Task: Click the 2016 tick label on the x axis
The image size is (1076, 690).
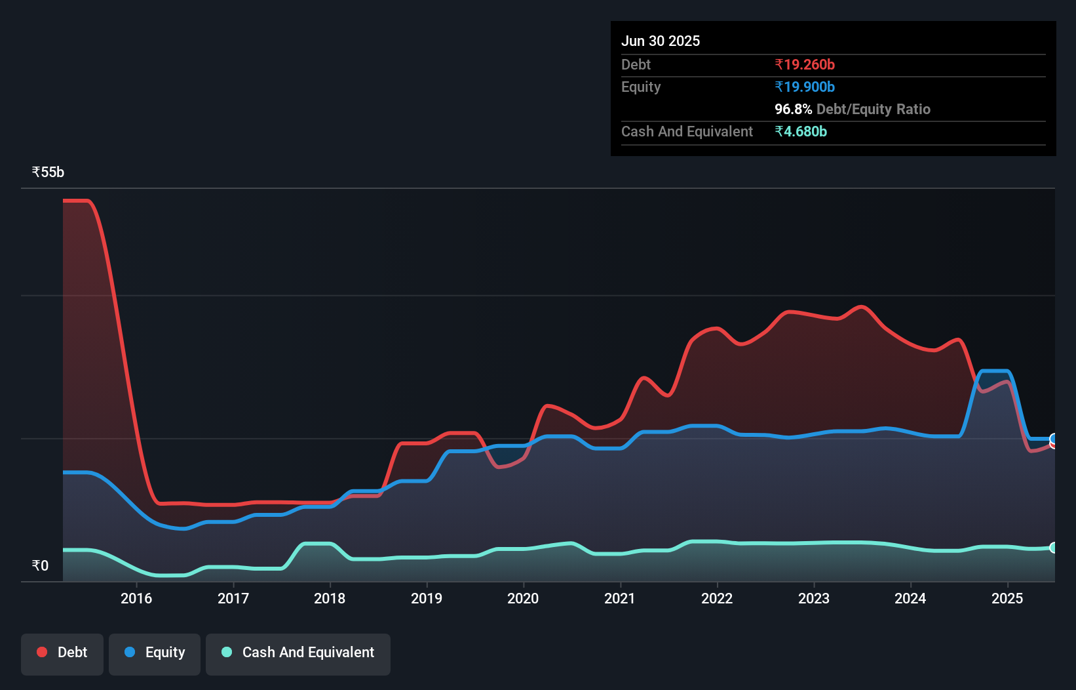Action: coord(136,598)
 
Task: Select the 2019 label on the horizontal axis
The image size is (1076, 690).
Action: coord(427,598)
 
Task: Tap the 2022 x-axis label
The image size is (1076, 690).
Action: coord(717,598)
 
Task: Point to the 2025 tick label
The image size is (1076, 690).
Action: coord(1007,598)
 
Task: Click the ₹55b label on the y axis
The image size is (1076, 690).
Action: coord(48,172)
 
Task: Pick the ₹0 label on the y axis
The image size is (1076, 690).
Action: coord(40,565)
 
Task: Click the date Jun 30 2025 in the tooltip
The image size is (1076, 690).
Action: coord(661,41)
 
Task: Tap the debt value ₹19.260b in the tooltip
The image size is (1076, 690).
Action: coord(805,65)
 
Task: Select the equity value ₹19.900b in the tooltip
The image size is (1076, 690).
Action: coord(805,87)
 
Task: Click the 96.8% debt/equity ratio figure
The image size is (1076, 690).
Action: coord(793,110)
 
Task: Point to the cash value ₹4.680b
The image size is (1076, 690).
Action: coord(801,132)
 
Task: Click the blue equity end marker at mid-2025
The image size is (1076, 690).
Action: coord(1054,438)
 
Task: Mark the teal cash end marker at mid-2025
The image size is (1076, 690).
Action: coord(1054,548)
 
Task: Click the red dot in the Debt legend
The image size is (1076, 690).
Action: coord(42,652)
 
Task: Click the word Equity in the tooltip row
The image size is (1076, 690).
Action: coord(641,87)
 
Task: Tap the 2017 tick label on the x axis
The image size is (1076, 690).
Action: coord(233,598)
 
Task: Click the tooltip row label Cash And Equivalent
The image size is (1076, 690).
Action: coord(687,132)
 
